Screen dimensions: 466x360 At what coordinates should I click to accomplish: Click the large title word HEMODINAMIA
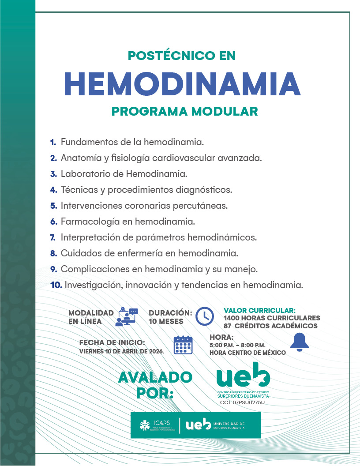182,83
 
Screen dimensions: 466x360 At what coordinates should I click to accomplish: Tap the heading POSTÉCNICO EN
182,56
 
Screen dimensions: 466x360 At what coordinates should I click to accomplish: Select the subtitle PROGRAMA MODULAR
184,111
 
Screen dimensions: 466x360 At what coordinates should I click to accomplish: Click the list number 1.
52,142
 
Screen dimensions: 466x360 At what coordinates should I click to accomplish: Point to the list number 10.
56,285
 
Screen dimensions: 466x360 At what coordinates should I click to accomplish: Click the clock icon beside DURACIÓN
204,316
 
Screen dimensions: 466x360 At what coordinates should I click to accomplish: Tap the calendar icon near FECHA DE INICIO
183,345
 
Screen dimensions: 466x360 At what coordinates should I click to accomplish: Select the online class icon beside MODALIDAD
127,316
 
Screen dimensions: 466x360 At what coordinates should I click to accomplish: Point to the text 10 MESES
166,322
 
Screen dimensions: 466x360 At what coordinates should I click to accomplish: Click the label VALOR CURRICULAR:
259,310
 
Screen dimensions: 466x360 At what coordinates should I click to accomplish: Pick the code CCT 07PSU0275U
242,402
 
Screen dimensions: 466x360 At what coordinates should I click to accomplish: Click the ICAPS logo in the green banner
157,425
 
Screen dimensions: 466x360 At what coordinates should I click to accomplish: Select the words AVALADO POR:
155,384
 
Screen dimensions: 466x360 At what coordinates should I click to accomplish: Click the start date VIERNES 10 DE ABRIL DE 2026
122,352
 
